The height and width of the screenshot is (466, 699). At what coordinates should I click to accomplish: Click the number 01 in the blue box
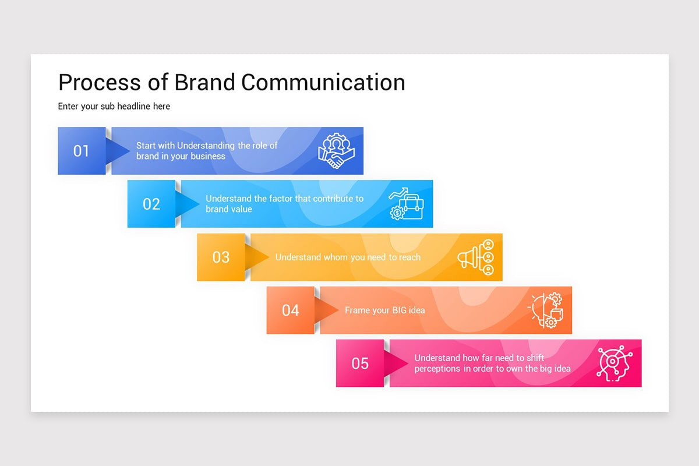(x=81, y=151)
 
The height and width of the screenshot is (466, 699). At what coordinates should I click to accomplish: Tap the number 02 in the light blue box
(x=151, y=204)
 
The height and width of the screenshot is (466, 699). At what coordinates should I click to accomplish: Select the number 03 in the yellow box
(x=221, y=257)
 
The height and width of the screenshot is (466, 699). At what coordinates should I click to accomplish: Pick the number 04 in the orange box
(x=290, y=310)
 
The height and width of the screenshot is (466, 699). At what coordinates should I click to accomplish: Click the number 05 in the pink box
(x=360, y=363)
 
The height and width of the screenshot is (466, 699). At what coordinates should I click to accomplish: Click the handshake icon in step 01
(x=336, y=151)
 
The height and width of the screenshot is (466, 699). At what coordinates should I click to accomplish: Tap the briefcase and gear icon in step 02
(x=407, y=204)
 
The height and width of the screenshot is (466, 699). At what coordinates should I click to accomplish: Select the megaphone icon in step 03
(x=476, y=257)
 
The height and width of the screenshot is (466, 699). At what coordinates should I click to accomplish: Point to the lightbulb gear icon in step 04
(x=546, y=310)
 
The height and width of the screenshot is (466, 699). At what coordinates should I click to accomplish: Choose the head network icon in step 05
(x=615, y=363)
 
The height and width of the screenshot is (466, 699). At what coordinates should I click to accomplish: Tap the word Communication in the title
(x=323, y=82)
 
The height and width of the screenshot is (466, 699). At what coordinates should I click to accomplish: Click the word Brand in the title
(x=205, y=82)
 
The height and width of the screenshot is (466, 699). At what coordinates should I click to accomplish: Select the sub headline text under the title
(x=114, y=106)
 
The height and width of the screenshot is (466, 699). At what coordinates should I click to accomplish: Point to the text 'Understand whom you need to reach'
(x=348, y=257)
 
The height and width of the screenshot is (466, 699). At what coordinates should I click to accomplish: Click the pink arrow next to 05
(x=397, y=363)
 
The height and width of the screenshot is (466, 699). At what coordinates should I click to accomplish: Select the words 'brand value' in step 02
(x=229, y=209)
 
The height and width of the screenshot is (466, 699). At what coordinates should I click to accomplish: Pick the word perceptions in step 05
(x=437, y=369)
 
